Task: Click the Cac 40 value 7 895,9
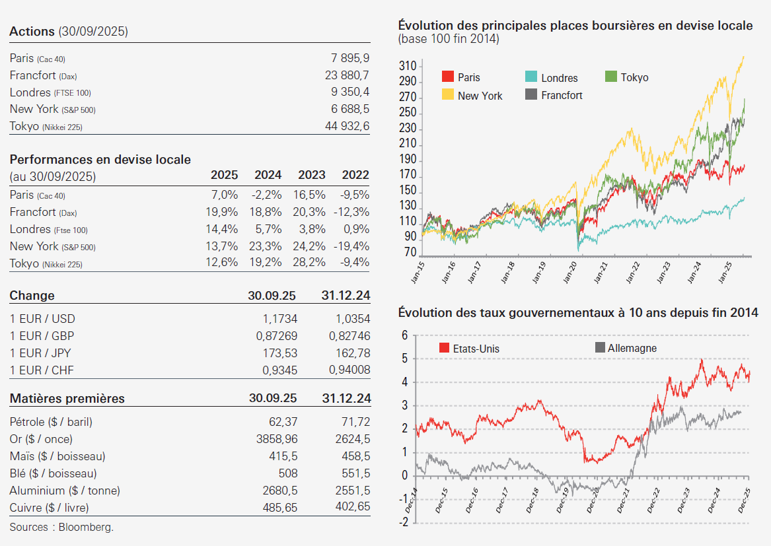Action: click(350, 59)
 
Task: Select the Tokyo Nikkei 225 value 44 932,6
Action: click(347, 126)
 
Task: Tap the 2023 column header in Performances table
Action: click(312, 176)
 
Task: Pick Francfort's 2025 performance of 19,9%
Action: click(222, 212)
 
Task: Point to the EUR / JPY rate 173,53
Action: click(280, 353)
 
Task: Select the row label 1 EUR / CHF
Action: click(42, 370)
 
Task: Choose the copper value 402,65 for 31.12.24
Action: click(349, 507)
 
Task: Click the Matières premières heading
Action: click(67, 399)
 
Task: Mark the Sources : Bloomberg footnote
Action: click(61, 528)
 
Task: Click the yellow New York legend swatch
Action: click(447, 95)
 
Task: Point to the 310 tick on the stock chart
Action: click(408, 66)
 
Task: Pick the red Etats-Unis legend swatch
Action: click(444, 348)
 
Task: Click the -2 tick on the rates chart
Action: click(404, 522)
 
